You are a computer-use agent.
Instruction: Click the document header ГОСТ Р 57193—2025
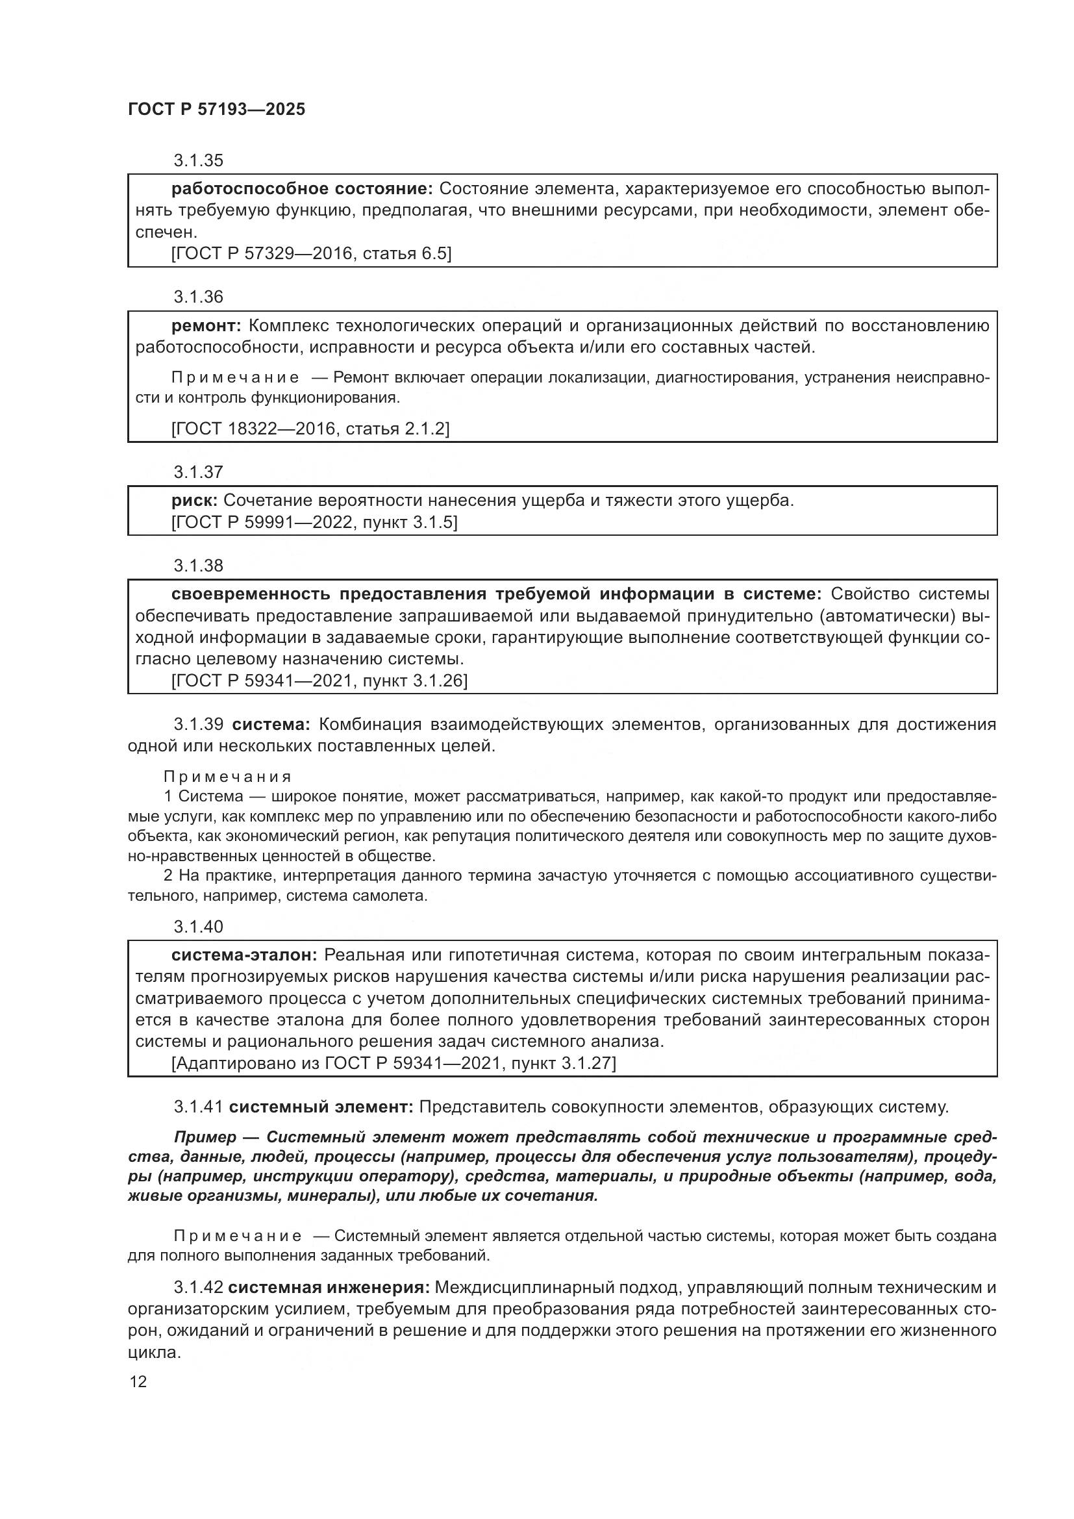[216, 110]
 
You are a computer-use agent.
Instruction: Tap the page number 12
[138, 1382]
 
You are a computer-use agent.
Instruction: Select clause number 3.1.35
[199, 161]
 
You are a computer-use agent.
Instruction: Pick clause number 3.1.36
[199, 297]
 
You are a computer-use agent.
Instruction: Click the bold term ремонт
[207, 325]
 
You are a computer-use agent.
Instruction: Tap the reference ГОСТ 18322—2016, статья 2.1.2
[310, 429]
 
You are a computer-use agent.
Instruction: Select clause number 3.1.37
[199, 472]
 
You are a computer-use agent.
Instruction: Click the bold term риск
[194, 501]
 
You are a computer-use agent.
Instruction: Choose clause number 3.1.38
[199, 566]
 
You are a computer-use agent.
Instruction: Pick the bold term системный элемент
[321, 1106]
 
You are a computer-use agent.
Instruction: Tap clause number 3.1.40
[199, 927]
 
